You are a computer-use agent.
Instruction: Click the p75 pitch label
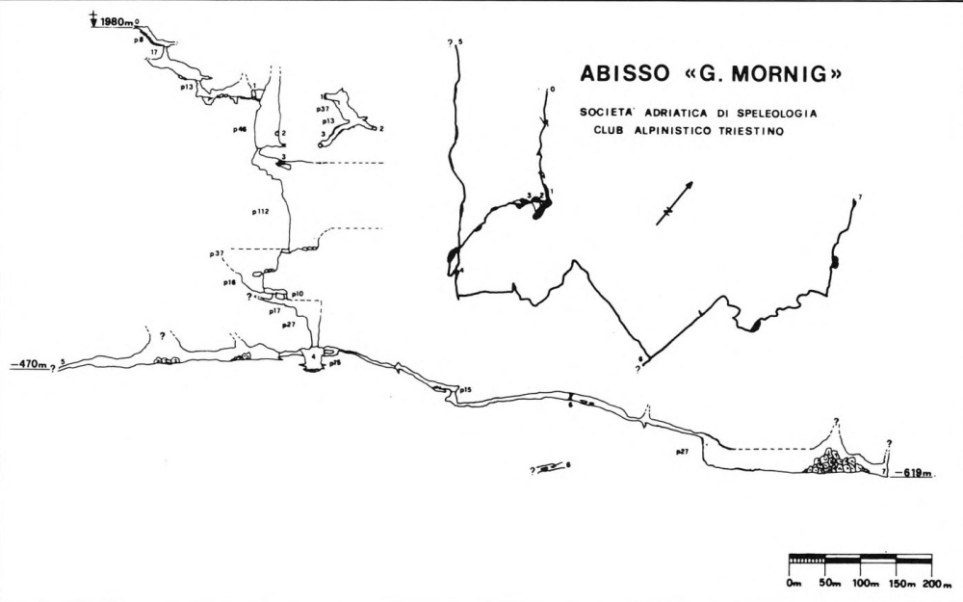coord(335,364)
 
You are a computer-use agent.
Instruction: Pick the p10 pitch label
coord(298,293)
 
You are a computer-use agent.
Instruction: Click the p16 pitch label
coord(229,283)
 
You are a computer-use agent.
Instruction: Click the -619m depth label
coord(912,473)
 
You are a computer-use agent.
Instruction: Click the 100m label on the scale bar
coord(864,585)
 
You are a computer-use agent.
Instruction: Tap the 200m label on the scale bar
coord(933,585)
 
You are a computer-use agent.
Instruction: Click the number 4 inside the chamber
coord(314,355)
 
